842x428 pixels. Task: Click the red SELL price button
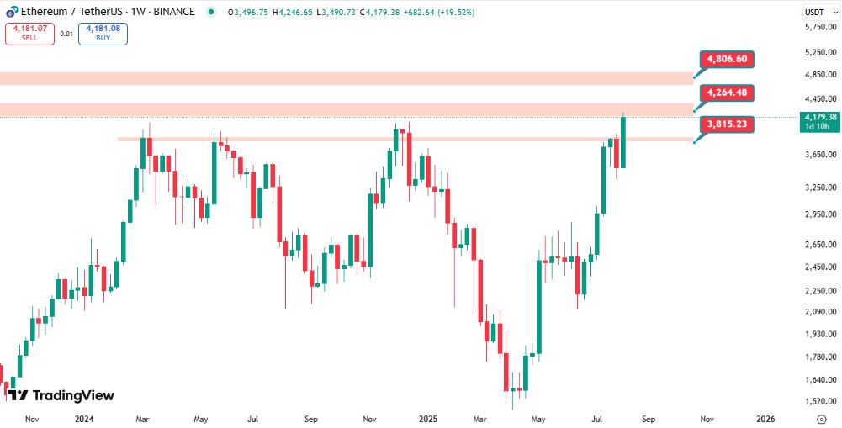pos(29,34)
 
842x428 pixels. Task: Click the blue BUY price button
pos(103,34)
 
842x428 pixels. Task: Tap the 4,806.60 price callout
pos(727,60)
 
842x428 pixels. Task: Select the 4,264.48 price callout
pos(727,92)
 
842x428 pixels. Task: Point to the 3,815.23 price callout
pos(727,124)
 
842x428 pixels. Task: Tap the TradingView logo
pos(61,395)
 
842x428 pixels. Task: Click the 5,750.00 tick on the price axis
pos(819,28)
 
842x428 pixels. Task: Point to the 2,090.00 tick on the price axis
pos(819,312)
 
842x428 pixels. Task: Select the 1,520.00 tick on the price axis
pos(819,402)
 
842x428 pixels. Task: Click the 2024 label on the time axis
pos(83,419)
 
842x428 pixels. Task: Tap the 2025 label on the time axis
pos(428,419)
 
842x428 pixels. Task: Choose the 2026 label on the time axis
pos(765,419)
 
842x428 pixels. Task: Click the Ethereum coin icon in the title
pos(11,12)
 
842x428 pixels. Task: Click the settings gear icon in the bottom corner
pos(822,419)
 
